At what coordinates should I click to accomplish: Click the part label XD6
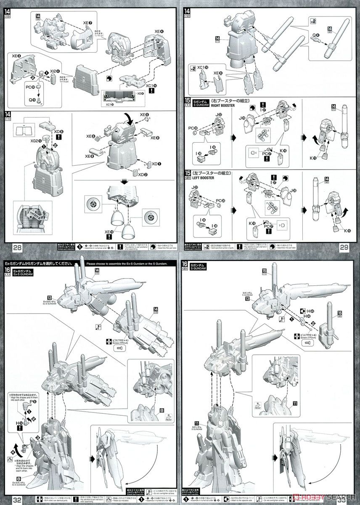point(58,132)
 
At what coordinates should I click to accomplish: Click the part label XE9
point(218,72)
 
